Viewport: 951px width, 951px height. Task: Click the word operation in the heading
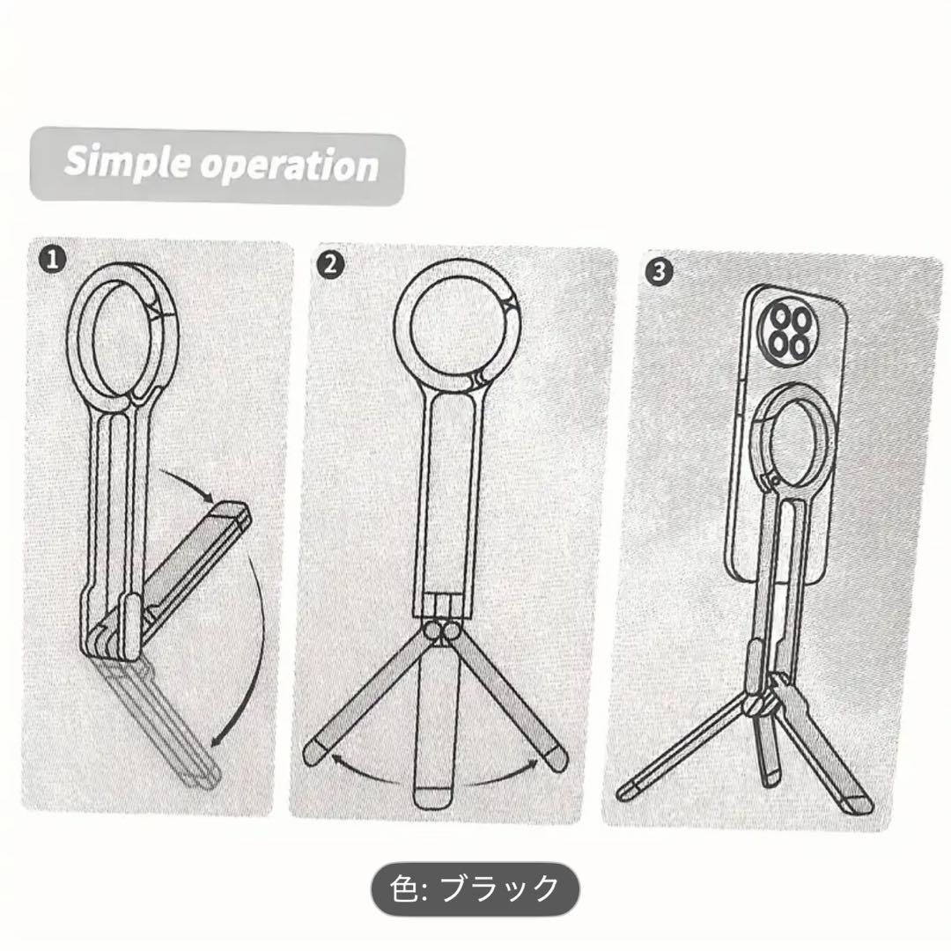click(x=290, y=166)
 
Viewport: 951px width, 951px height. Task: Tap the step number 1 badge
click(x=52, y=260)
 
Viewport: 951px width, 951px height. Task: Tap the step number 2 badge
click(x=330, y=265)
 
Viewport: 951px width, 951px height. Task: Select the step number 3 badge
click(x=660, y=271)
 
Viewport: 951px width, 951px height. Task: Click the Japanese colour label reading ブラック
click(x=498, y=888)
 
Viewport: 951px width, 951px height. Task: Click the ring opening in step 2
click(x=456, y=327)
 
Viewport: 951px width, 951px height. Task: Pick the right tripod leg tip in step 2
click(x=554, y=758)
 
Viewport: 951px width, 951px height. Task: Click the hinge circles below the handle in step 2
click(x=442, y=630)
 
